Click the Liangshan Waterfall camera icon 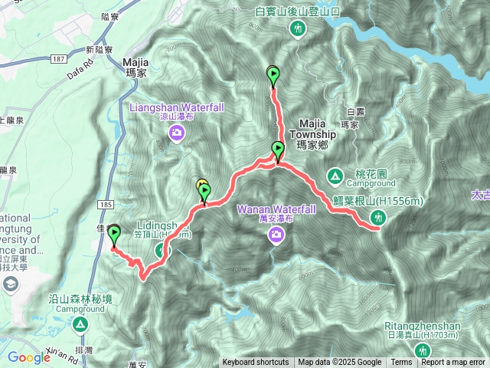coord(177,135)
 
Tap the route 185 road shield coord(106,205)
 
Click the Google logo coord(29,356)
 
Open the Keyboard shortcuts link coord(256,363)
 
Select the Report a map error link coord(453,363)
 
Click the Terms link coord(401,363)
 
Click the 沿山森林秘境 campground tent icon coord(80,324)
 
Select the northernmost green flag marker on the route coord(273,75)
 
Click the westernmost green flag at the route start coord(115,234)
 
